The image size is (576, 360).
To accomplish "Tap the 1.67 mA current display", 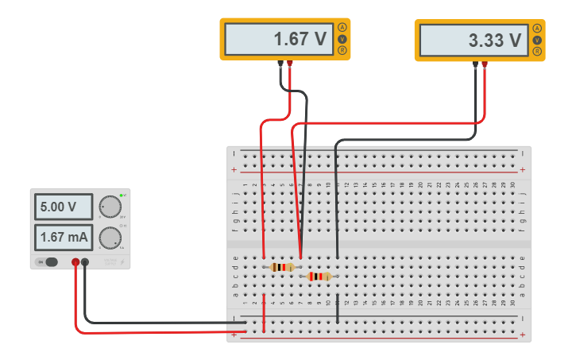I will pyautogui.click(x=63, y=237).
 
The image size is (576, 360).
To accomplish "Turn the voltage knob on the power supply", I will pyautogui.click(x=109, y=207).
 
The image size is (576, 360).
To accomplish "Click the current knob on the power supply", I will pyautogui.click(x=109, y=237).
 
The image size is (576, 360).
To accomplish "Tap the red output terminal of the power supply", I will pyautogui.click(x=75, y=261).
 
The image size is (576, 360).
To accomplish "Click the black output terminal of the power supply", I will pyautogui.click(x=85, y=261).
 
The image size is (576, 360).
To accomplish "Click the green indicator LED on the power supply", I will pyautogui.click(x=122, y=195).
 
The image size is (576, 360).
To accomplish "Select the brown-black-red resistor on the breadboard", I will pyautogui.click(x=281, y=267).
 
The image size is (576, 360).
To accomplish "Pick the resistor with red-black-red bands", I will pyautogui.click(x=319, y=277).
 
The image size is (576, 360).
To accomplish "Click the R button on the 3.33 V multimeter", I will pyautogui.click(x=538, y=51).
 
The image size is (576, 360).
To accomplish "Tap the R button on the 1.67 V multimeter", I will pyautogui.click(x=343, y=50).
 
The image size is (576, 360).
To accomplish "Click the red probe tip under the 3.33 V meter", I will pyautogui.click(x=485, y=64).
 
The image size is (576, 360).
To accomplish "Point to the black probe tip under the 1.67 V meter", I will pyautogui.click(x=280, y=64).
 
